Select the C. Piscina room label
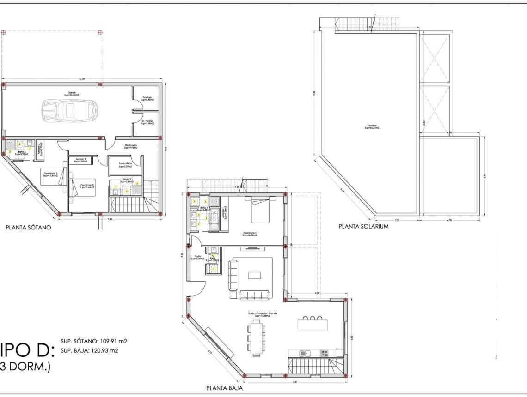point(147,122)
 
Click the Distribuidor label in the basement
point(130,146)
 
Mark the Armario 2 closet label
point(81,160)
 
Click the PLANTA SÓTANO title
point(28,228)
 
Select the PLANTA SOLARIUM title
point(363,227)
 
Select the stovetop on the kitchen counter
point(324,354)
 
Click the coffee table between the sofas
point(254,275)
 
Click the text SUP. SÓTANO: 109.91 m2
point(94,342)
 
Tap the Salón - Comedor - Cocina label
point(261,314)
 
